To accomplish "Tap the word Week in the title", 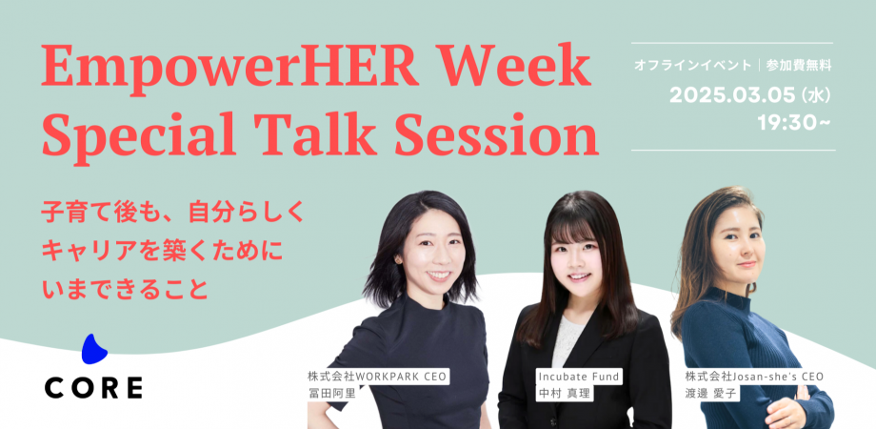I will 518,71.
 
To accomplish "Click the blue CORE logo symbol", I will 93,350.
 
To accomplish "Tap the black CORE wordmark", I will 93,387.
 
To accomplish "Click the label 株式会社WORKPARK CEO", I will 376,376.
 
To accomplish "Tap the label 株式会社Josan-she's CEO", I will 752,376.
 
